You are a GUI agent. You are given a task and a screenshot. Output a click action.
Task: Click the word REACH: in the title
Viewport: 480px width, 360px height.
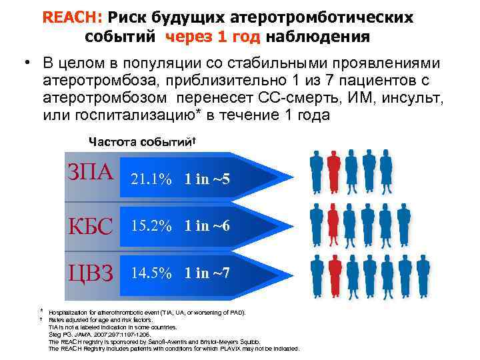point(63,17)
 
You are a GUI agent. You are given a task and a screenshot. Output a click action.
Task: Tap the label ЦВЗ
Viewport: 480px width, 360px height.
point(89,271)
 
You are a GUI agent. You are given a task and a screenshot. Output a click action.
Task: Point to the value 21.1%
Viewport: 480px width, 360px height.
point(151,179)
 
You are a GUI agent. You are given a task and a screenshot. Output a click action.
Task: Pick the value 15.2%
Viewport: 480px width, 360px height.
point(151,226)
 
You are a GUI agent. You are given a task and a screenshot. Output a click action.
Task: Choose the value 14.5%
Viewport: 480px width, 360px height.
point(151,273)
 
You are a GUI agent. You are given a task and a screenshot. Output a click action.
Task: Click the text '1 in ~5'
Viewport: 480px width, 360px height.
point(207,179)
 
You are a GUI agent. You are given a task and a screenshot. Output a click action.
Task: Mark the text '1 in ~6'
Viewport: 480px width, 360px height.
point(207,226)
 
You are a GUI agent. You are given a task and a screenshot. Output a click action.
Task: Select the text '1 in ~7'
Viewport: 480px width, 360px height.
point(207,273)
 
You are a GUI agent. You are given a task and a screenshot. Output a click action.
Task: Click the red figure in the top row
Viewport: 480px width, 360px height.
point(334,170)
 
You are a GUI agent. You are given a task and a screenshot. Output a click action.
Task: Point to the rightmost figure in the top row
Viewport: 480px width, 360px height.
point(387,170)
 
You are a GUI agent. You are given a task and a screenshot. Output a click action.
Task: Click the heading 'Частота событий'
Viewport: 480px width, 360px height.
point(142,141)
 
